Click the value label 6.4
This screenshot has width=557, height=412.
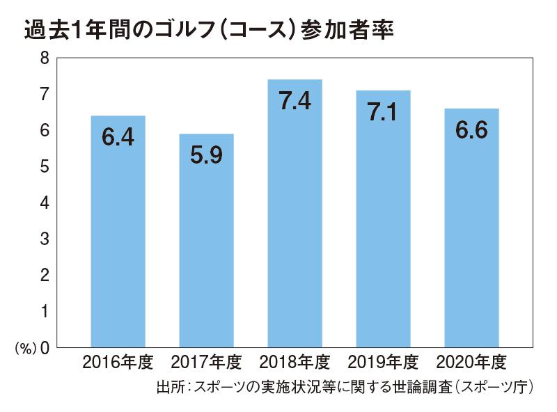(x=118, y=137)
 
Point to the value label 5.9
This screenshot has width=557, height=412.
(x=206, y=155)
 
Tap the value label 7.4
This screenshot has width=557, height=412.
(x=295, y=102)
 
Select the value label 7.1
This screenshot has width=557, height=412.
(x=383, y=112)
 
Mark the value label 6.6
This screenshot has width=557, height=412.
(x=471, y=130)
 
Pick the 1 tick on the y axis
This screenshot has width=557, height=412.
(x=45, y=311)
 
